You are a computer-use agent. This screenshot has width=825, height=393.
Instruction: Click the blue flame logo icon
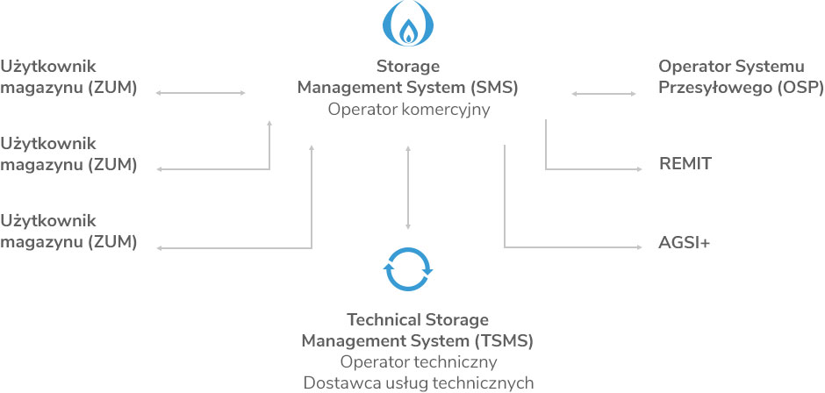pyautogui.click(x=408, y=25)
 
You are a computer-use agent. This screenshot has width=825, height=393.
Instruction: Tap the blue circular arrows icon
pyautogui.click(x=408, y=268)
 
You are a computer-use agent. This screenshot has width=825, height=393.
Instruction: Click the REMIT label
pyautogui.click(x=685, y=163)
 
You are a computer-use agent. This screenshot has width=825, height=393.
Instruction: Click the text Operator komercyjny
pyautogui.click(x=408, y=110)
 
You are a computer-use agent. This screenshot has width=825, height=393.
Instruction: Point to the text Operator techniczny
pyautogui.click(x=418, y=361)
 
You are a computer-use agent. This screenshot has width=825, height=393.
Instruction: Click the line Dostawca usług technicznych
pyautogui.click(x=418, y=382)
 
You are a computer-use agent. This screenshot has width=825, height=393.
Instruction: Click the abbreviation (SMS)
pyautogui.click(x=493, y=88)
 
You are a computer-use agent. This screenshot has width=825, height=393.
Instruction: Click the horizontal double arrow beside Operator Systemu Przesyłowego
pyautogui.click(x=604, y=93)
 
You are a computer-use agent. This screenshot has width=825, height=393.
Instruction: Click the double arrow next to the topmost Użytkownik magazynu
pyautogui.click(x=200, y=93)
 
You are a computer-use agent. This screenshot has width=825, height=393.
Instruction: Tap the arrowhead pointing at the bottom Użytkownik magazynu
pyautogui.click(x=160, y=248)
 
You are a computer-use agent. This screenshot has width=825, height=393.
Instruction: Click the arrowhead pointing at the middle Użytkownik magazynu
pyautogui.click(x=160, y=168)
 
